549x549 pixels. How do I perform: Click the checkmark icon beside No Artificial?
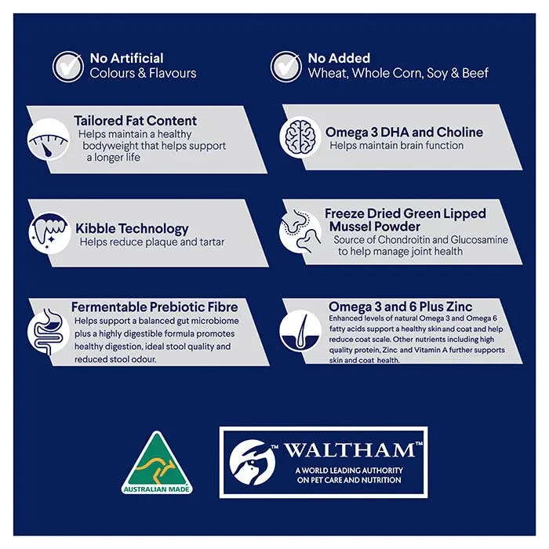68,66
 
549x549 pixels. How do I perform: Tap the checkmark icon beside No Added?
286,66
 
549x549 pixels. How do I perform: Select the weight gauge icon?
49,140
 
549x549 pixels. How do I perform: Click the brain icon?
300,137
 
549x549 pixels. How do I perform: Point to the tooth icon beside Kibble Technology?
49,233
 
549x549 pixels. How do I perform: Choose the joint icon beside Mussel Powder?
300,231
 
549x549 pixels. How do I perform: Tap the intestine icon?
49,332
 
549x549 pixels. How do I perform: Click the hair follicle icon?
300,331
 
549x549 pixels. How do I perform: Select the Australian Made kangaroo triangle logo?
157,463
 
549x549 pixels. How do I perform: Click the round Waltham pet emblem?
253,463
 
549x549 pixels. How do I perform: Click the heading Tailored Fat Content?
135,121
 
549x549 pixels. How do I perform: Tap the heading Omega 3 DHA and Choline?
404,132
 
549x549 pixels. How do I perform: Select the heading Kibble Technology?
132,229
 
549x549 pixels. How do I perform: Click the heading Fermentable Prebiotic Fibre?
155,307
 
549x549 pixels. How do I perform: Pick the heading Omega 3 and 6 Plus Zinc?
401,307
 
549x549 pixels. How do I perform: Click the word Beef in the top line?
475,73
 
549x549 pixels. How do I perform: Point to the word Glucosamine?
479,239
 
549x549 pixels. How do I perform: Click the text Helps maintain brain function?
396,145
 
